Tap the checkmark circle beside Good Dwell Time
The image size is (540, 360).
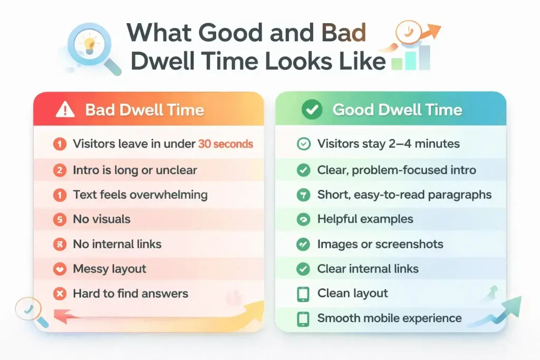[312, 110]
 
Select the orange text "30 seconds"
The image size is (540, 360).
[225, 144]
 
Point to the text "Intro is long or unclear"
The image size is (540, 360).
[135, 170]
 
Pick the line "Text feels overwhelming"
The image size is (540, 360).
[140, 195]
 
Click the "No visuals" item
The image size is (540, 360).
[101, 219]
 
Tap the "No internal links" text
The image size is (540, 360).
[117, 245]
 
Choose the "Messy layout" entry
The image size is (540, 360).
[110, 269]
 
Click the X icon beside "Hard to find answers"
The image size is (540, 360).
[60, 294]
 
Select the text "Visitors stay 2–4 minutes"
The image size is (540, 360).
[389, 144]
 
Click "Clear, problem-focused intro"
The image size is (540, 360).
[397, 170]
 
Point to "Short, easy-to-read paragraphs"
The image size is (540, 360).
[404, 195]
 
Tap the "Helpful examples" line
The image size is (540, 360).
[365, 219]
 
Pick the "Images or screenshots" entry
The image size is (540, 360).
[380, 245]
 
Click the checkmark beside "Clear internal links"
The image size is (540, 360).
[303, 269]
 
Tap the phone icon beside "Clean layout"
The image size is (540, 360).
[303, 294]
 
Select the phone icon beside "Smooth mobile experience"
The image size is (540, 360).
[303, 318]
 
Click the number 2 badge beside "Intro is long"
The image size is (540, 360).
[60, 170]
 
